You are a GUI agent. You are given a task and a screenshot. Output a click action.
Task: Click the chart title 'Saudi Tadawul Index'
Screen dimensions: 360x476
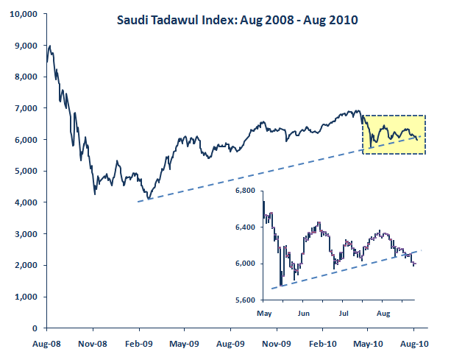237,21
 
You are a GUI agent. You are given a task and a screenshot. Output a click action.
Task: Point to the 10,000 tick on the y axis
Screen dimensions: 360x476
25,14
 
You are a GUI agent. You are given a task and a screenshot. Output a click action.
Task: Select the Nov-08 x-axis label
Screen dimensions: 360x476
93,343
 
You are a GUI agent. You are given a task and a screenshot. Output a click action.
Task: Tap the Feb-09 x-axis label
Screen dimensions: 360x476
140,343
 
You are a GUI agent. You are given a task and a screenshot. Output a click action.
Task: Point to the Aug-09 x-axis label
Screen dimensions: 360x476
231,343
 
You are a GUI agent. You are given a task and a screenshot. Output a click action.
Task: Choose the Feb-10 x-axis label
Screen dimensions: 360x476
322,343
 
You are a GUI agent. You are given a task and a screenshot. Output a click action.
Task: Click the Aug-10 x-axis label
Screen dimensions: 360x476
413,343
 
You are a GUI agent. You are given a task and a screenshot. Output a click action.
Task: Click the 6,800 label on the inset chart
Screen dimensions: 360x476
243,191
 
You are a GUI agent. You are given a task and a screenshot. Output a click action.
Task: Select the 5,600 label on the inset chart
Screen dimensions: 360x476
243,300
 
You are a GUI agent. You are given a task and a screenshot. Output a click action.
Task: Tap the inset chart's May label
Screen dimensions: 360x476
265,313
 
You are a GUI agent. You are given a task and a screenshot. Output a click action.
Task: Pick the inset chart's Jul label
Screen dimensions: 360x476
343,313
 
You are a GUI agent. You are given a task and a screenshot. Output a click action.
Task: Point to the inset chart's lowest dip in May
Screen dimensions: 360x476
280,285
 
